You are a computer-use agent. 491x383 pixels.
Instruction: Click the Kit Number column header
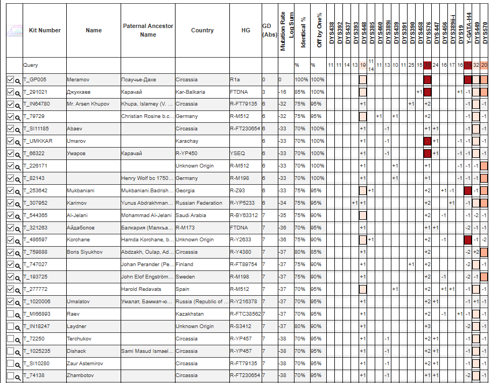click(45, 30)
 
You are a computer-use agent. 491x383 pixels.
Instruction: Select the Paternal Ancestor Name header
click(148, 30)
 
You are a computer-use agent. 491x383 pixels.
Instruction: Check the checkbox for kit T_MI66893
click(10, 314)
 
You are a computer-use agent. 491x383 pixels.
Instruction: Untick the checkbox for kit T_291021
click(10, 92)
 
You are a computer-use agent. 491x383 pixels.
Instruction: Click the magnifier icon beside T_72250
click(18, 339)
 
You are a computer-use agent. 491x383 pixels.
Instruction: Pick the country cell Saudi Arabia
click(192, 215)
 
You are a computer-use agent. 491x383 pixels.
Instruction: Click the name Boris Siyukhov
click(86, 252)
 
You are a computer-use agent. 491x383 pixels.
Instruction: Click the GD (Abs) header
click(269, 30)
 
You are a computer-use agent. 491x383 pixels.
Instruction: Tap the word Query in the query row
click(30, 65)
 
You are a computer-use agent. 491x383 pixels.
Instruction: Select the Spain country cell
click(183, 289)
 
